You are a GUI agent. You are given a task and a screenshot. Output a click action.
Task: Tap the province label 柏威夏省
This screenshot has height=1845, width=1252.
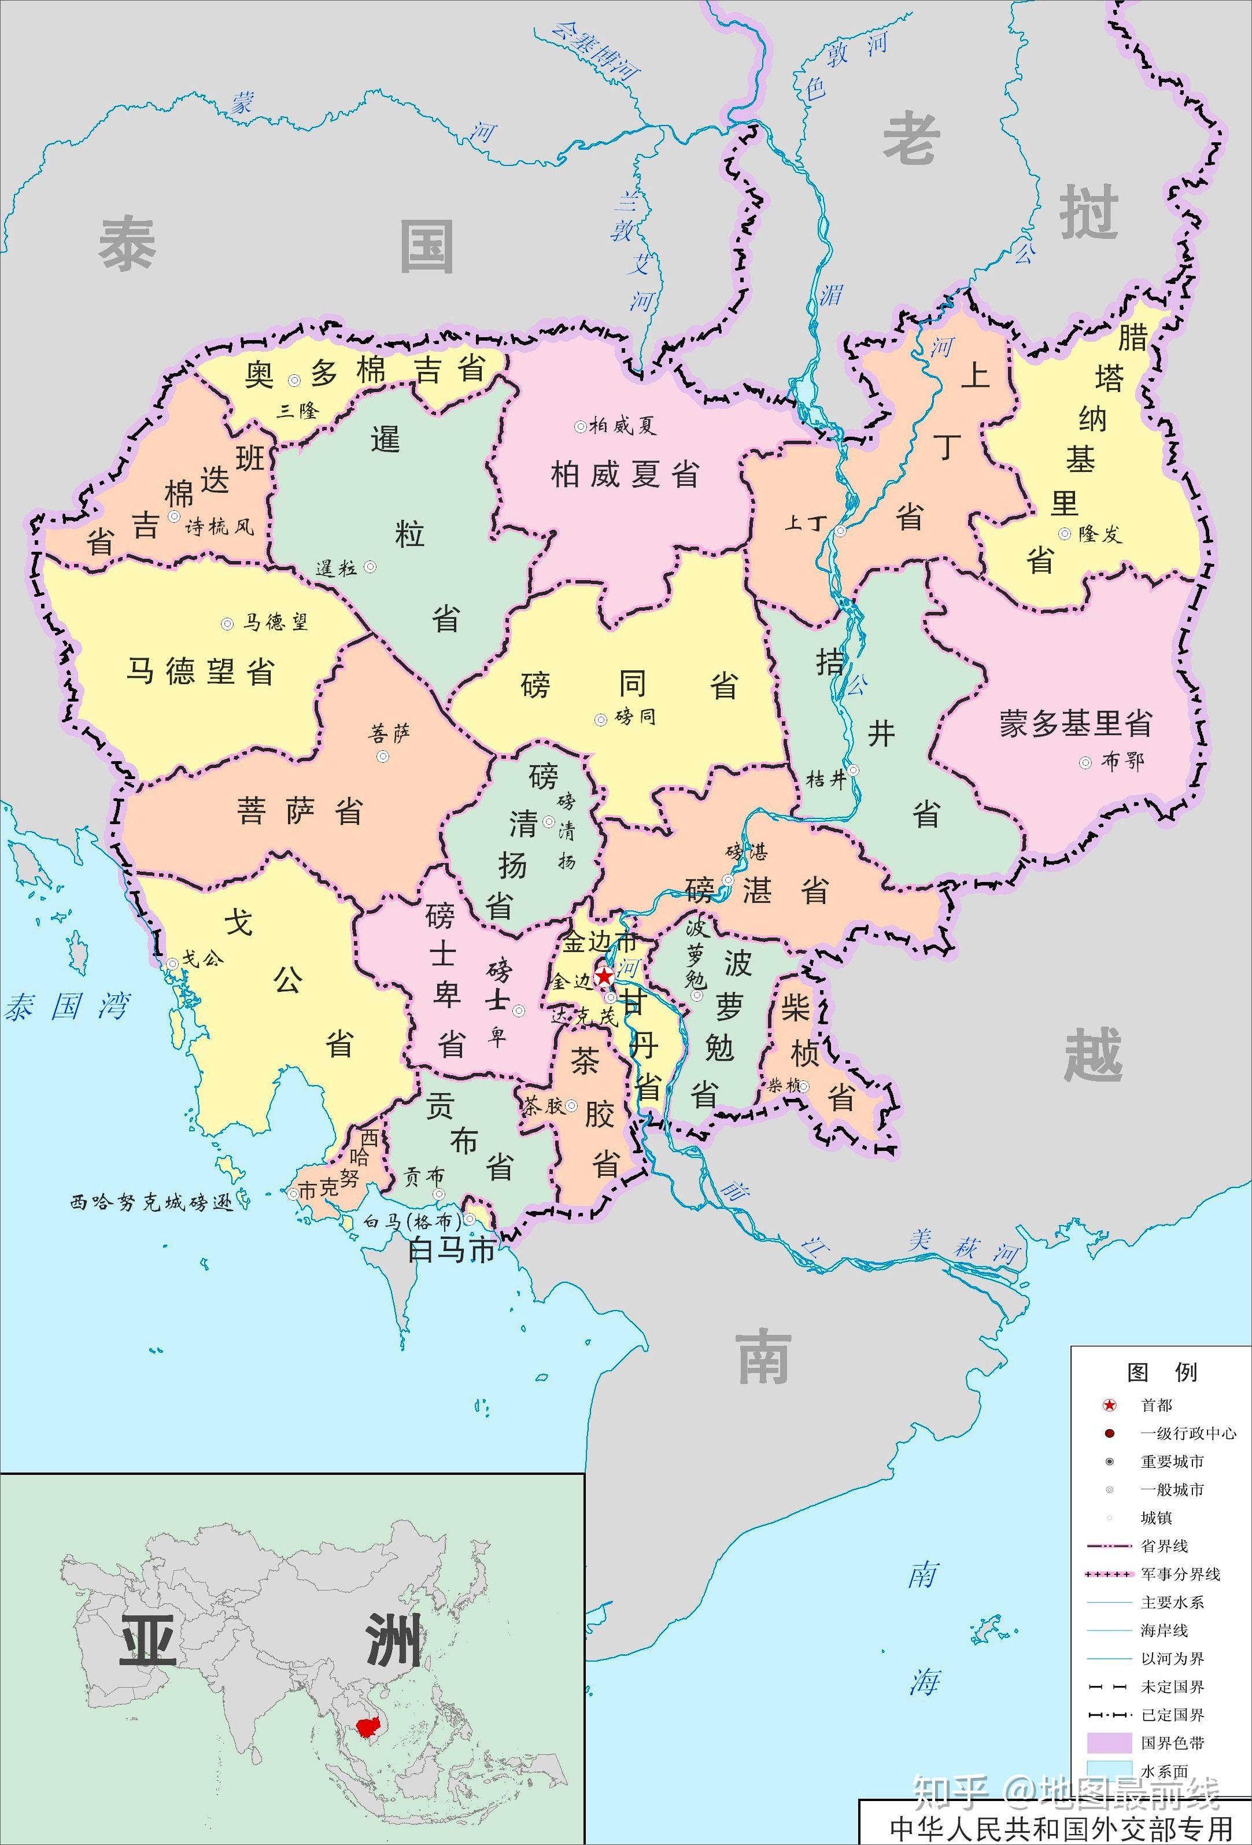point(625,475)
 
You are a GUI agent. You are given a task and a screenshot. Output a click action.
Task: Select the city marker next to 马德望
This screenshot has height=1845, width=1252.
point(228,624)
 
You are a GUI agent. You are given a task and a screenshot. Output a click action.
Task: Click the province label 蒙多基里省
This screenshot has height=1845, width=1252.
point(1075,723)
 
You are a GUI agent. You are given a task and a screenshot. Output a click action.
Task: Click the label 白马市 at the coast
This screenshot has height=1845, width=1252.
point(451,1250)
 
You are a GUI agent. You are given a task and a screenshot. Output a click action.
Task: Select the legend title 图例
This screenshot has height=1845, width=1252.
point(1161,1372)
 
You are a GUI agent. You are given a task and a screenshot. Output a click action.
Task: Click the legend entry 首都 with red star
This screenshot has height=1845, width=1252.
point(1156,1405)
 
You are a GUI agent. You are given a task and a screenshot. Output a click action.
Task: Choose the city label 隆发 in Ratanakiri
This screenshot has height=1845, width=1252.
point(1099,534)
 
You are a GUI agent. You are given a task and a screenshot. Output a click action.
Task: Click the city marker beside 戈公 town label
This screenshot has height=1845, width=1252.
point(172,964)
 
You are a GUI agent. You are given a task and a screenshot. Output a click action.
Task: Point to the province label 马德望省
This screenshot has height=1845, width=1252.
point(200,671)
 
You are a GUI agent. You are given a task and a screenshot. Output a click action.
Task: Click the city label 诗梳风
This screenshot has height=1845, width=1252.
point(220,526)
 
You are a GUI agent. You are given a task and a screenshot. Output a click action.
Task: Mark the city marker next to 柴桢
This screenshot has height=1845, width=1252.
point(803,1087)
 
